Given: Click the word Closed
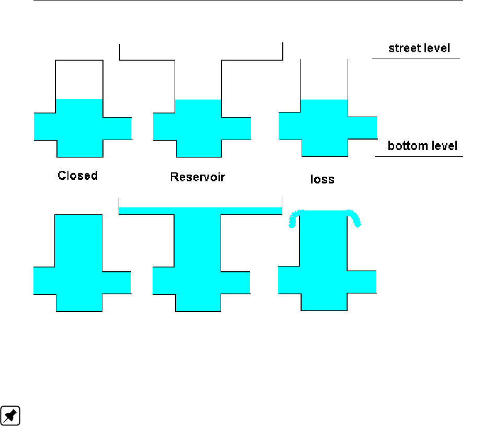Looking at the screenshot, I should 77,176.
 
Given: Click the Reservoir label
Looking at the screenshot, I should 198,177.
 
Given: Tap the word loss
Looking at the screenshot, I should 322,179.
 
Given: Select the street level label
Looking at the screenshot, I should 419,49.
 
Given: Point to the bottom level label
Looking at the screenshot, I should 422,146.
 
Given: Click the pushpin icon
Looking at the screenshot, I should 10,415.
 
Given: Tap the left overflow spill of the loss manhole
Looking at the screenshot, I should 293,218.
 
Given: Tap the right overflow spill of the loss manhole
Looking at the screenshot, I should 356,218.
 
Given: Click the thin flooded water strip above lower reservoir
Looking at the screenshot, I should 200,210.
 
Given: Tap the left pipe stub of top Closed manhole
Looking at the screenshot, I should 45,126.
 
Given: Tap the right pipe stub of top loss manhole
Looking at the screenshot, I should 362,128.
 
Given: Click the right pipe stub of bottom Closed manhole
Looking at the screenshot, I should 116,283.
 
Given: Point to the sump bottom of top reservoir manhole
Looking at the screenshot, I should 199,148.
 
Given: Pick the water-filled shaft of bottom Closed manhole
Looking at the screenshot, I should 79,240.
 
